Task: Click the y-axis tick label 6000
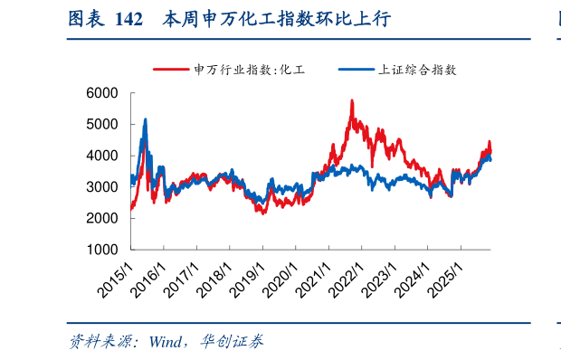(x=102, y=93)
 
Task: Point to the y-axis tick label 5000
(x=102, y=125)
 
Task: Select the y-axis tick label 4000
(x=102, y=156)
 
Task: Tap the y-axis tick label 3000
(x=102, y=187)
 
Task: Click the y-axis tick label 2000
(x=102, y=218)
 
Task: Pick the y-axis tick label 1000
(x=102, y=250)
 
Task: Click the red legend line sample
(x=171, y=69)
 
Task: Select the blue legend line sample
(x=355, y=69)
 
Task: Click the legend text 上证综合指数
(x=416, y=69)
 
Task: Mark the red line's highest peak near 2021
(x=351, y=100)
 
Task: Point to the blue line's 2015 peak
(x=145, y=119)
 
